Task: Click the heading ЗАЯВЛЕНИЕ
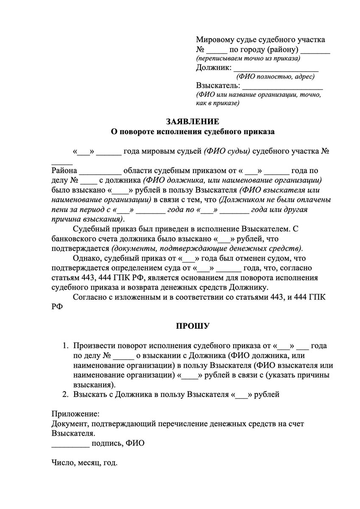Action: pos(193,122)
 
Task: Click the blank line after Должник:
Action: pos(276,68)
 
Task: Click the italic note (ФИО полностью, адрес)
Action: pos(275,77)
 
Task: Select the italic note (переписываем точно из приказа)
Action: pos(248,58)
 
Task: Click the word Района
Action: pos(64,171)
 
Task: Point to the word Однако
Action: pos(86,258)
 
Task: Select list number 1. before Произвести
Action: pos(66,346)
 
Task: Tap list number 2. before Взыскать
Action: pos(66,394)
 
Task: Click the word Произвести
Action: pos(93,346)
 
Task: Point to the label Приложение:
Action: pos(76,414)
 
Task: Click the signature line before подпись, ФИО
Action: pos(70,444)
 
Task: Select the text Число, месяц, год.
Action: pos(84,463)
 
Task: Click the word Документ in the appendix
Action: pos(69,424)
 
